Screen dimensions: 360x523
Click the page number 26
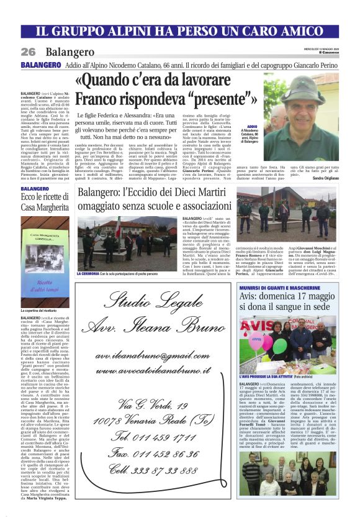click(28, 52)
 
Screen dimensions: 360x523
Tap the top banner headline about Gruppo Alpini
click(179, 30)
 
